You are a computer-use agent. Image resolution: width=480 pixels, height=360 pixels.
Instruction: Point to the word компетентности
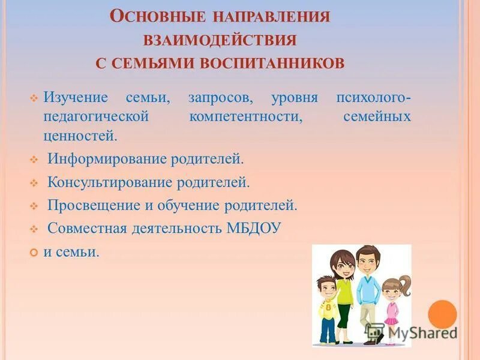(245, 116)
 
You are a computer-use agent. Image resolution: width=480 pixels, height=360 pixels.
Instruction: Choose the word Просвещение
(92, 205)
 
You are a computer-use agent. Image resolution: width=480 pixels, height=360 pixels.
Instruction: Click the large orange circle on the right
(443, 314)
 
